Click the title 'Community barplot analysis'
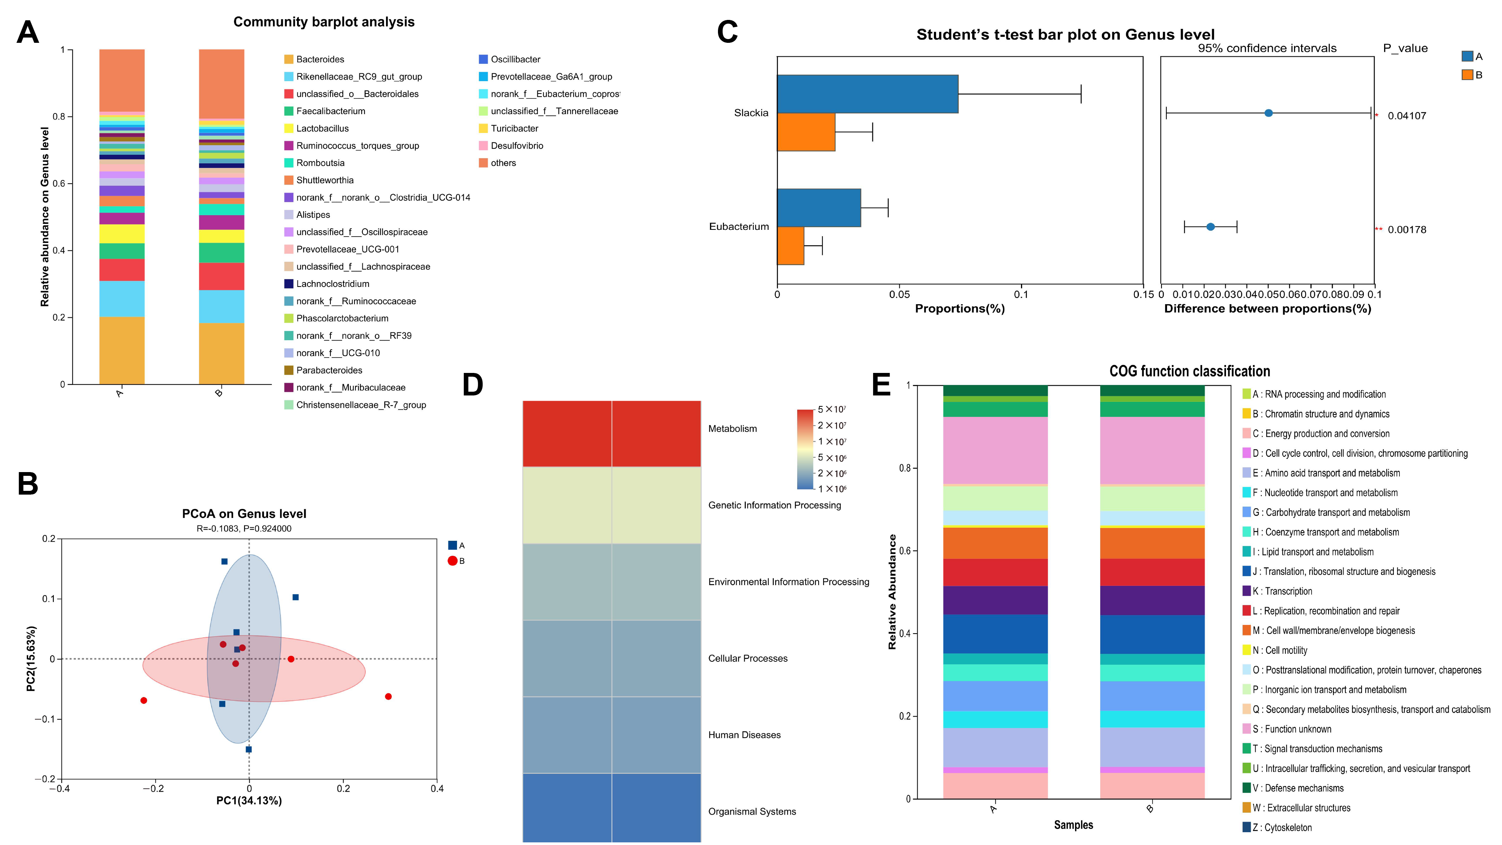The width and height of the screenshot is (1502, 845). [324, 22]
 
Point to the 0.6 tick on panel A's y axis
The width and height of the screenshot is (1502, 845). [59, 184]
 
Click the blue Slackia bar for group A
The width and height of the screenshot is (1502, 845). [867, 94]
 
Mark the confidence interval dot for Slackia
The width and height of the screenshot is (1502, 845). [1268, 113]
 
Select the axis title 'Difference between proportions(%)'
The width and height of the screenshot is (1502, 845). [1267, 308]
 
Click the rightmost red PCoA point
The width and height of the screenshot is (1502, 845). [388, 696]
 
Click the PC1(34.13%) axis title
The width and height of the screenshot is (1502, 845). [249, 801]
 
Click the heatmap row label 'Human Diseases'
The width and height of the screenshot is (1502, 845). [744, 735]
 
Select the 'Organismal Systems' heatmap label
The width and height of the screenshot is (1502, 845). [752, 812]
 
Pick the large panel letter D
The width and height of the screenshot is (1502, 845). [472, 385]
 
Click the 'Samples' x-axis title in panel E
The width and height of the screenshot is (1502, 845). [1073, 825]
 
